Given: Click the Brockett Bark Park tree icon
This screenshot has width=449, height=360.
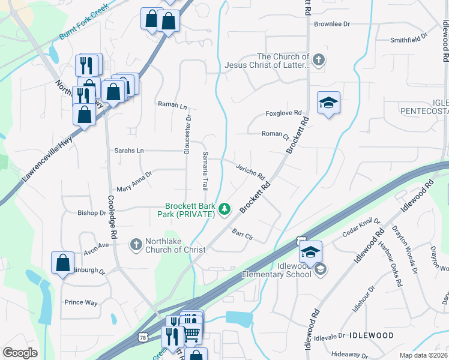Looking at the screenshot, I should tap(224, 208).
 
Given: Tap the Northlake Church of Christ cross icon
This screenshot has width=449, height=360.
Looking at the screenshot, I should tap(136, 244).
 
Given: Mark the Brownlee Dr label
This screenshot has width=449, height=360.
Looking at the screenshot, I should tap(331, 24).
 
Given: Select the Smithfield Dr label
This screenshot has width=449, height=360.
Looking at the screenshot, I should tap(408, 40).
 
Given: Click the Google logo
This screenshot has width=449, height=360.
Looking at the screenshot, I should tap(20, 353).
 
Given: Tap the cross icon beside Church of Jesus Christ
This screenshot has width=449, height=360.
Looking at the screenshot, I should tap(319, 59).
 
